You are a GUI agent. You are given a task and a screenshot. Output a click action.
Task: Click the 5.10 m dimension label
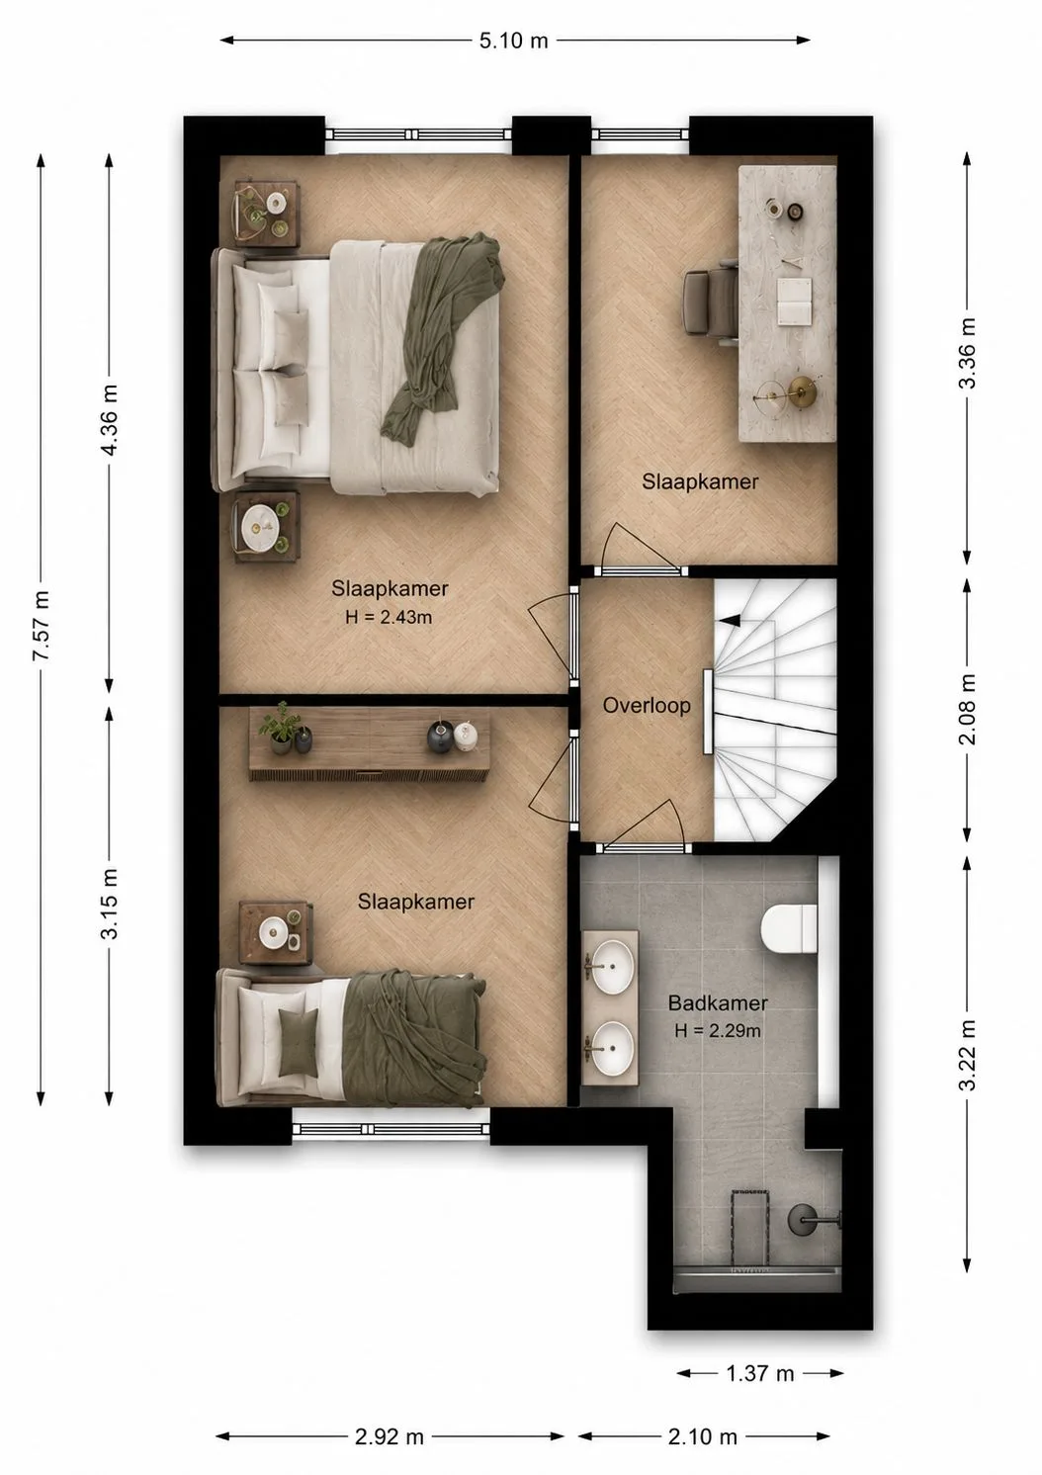tap(513, 41)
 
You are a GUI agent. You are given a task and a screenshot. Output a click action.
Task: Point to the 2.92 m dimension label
tap(390, 1436)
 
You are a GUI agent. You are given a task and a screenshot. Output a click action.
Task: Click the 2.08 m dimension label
tap(967, 709)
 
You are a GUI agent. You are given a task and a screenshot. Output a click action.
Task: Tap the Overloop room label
tap(647, 706)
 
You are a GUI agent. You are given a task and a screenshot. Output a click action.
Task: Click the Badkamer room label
tap(718, 1003)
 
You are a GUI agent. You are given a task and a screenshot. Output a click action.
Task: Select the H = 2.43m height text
tap(389, 618)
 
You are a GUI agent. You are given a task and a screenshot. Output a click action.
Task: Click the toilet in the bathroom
tap(789, 928)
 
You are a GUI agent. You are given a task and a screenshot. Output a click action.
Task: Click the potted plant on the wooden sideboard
tap(277, 727)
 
